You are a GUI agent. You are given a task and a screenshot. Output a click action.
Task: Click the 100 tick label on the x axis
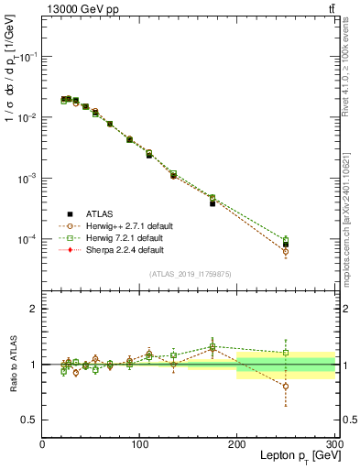[x=139, y=444]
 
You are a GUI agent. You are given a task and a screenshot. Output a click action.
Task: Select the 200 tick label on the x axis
[x=236, y=444]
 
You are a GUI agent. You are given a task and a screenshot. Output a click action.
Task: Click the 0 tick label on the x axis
[x=42, y=444]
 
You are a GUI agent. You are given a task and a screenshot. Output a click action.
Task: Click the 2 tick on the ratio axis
[x=34, y=309]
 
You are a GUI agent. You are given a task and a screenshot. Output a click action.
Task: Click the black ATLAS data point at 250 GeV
[x=286, y=245]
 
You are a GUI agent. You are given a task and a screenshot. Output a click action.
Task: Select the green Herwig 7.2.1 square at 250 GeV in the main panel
[x=286, y=240]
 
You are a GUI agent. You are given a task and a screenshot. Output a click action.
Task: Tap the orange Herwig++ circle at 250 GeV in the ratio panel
[x=286, y=387]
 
